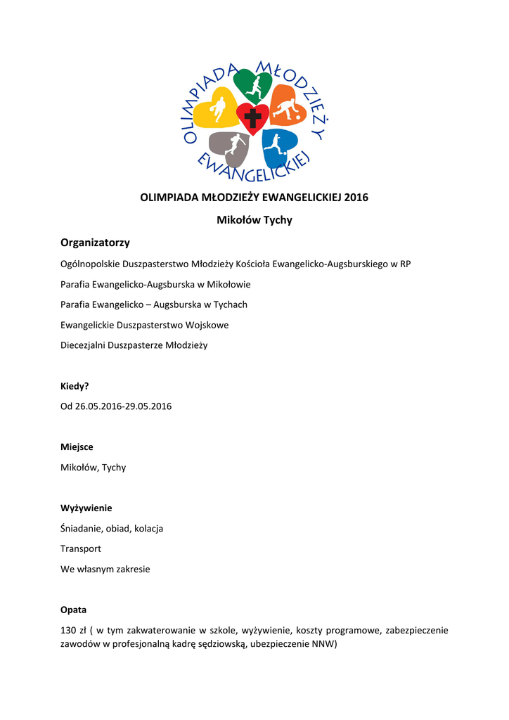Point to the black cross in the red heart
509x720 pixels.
252,119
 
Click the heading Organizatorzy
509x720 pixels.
96,243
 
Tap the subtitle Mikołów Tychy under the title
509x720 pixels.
254,220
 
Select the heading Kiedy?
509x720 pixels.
75,386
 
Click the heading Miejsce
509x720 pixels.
77,446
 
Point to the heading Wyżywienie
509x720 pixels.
86,508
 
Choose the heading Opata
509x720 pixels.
74,610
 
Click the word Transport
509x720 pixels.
81,548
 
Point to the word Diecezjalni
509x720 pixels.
83,345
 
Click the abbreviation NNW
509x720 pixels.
325,643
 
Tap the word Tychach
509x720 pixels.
231,304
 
